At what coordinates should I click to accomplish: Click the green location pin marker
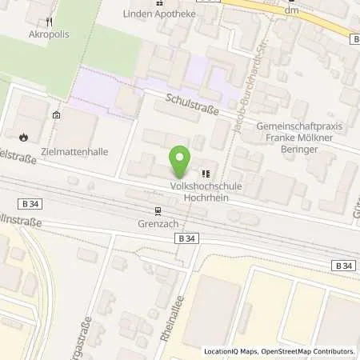click(x=181, y=162)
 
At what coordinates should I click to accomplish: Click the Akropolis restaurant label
click(x=45, y=35)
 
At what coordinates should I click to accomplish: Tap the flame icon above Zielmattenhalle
click(x=24, y=136)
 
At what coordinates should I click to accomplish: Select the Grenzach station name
click(x=157, y=224)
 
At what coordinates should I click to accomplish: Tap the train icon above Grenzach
click(x=158, y=211)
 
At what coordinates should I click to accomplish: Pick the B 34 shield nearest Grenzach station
click(x=186, y=238)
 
